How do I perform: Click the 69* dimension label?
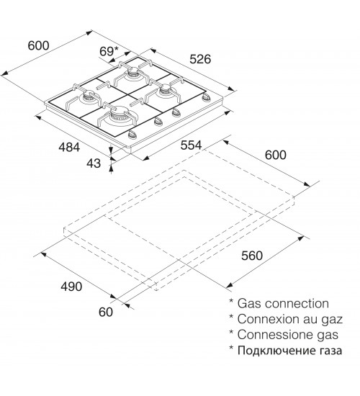[109, 51]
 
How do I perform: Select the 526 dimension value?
[200, 59]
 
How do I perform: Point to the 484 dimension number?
[69, 147]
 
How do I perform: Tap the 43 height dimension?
[94, 163]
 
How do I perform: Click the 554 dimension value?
[192, 145]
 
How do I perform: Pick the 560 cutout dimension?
[252, 256]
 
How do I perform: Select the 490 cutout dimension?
[71, 287]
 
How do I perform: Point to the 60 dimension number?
[106, 312]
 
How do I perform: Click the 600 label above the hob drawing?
[38, 45]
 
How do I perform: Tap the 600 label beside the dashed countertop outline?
[276, 155]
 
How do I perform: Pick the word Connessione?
[273, 335]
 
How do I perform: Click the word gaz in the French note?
[332, 320]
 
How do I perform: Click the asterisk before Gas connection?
[231, 301]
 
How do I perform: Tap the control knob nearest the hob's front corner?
[132, 135]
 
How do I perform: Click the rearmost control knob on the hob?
[206, 97]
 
